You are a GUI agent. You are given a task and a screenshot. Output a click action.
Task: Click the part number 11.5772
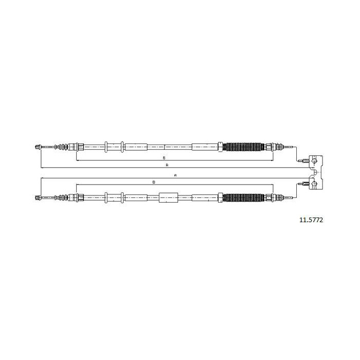pyautogui.click(x=311, y=220)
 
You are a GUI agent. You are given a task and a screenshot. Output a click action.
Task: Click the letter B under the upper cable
pyautogui.click(x=164, y=158)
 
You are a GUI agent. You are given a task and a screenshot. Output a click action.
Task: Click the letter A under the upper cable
pyautogui.click(x=167, y=165)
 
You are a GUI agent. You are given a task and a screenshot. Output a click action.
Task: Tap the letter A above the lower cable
pyautogui.click(x=175, y=175)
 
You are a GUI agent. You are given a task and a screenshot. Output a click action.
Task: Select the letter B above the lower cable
pyautogui.click(x=154, y=182)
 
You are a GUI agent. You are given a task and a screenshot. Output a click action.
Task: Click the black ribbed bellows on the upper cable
pyautogui.click(x=244, y=147)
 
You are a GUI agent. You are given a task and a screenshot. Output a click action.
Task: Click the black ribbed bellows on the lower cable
pyautogui.click(x=244, y=197)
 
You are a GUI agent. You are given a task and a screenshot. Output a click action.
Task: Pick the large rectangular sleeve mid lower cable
pyautogui.click(x=169, y=197)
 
